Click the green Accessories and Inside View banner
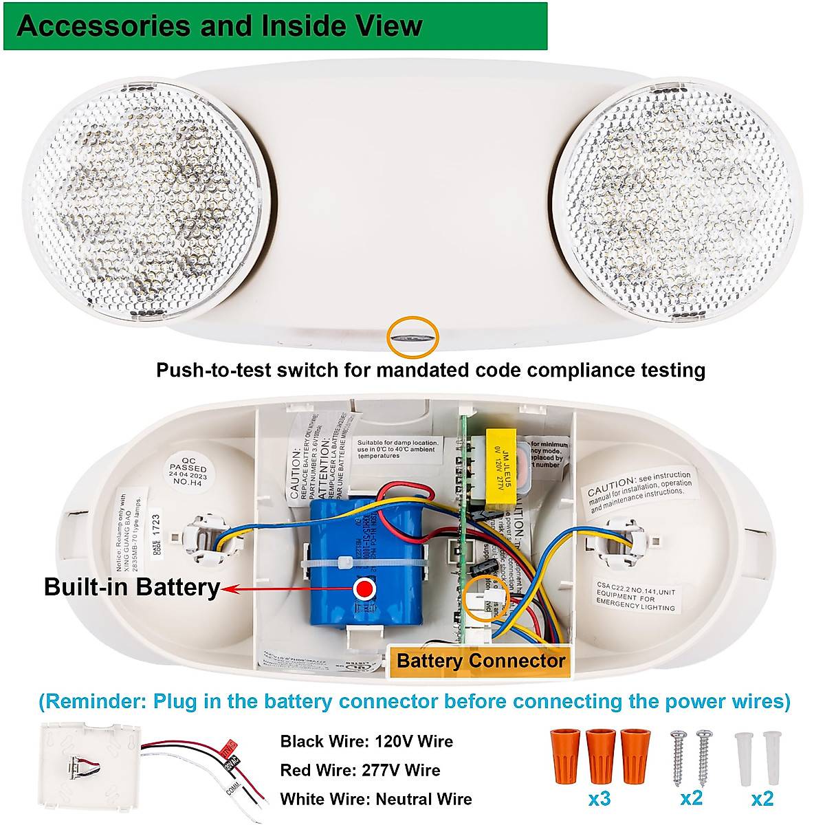(275, 26)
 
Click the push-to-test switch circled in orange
(412, 337)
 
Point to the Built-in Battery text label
(131, 587)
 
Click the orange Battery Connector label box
(481, 661)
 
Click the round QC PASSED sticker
(188, 470)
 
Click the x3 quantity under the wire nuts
(600, 799)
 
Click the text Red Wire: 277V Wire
(360, 770)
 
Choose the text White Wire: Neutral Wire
(376, 799)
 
